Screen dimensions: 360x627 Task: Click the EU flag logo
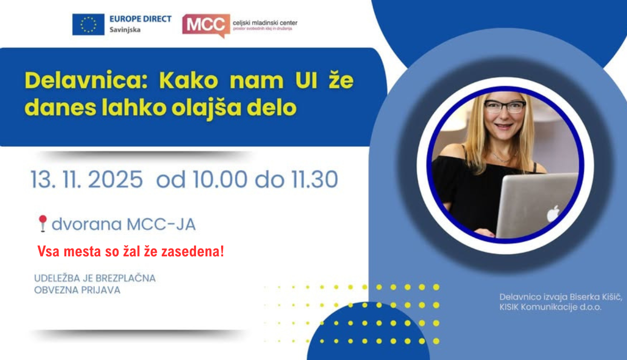pyautogui.click(x=88, y=24)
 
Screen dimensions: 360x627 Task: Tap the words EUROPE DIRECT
pyautogui.click(x=141, y=19)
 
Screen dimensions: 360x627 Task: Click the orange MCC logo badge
pyautogui.click(x=206, y=25)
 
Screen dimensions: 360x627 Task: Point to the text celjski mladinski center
pyautogui.click(x=265, y=23)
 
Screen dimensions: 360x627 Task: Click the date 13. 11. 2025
pyautogui.click(x=87, y=180)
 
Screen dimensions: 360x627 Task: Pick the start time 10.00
pyautogui.click(x=220, y=180)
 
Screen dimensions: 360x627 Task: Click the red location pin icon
pyautogui.click(x=42, y=223)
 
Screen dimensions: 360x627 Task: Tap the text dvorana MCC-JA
pyautogui.click(x=123, y=224)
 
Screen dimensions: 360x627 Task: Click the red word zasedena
pyautogui.click(x=194, y=252)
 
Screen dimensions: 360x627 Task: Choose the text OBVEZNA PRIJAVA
pyautogui.click(x=77, y=290)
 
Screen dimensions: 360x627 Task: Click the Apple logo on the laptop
pyautogui.click(x=553, y=214)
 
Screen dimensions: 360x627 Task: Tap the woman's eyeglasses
pyautogui.click(x=505, y=106)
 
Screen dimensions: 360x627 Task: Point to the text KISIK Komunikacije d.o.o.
pyautogui.click(x=550, y=307)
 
